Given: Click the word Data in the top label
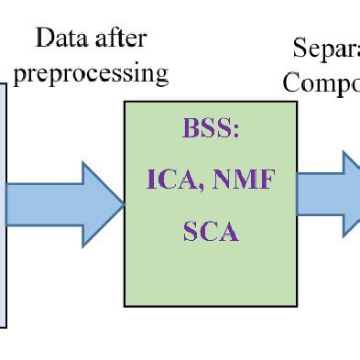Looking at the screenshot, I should point(60,38).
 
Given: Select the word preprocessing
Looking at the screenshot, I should point(91,72).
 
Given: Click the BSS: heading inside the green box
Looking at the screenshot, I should point(210,130).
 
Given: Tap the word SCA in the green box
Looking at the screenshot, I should point(210,230).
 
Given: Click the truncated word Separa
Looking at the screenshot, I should point(326,49).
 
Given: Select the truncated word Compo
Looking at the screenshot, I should point(322,82).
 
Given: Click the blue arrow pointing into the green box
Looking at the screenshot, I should point(64,203).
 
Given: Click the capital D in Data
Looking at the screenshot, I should point(44,38).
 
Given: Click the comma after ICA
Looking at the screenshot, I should point(203,186).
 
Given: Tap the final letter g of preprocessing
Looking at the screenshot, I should point(161,76).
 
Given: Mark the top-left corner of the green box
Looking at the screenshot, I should point(125,102).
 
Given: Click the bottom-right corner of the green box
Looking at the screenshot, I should point(297,305).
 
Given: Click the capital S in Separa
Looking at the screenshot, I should point(300,49).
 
